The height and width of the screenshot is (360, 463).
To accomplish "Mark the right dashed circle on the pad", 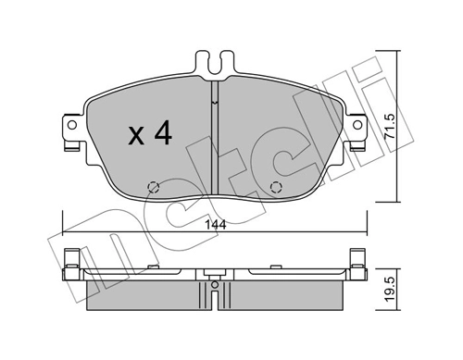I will pyautogui.click(x=275, y=188).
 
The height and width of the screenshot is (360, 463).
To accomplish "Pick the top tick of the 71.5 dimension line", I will pyautogui.click(x=398, y=52).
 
